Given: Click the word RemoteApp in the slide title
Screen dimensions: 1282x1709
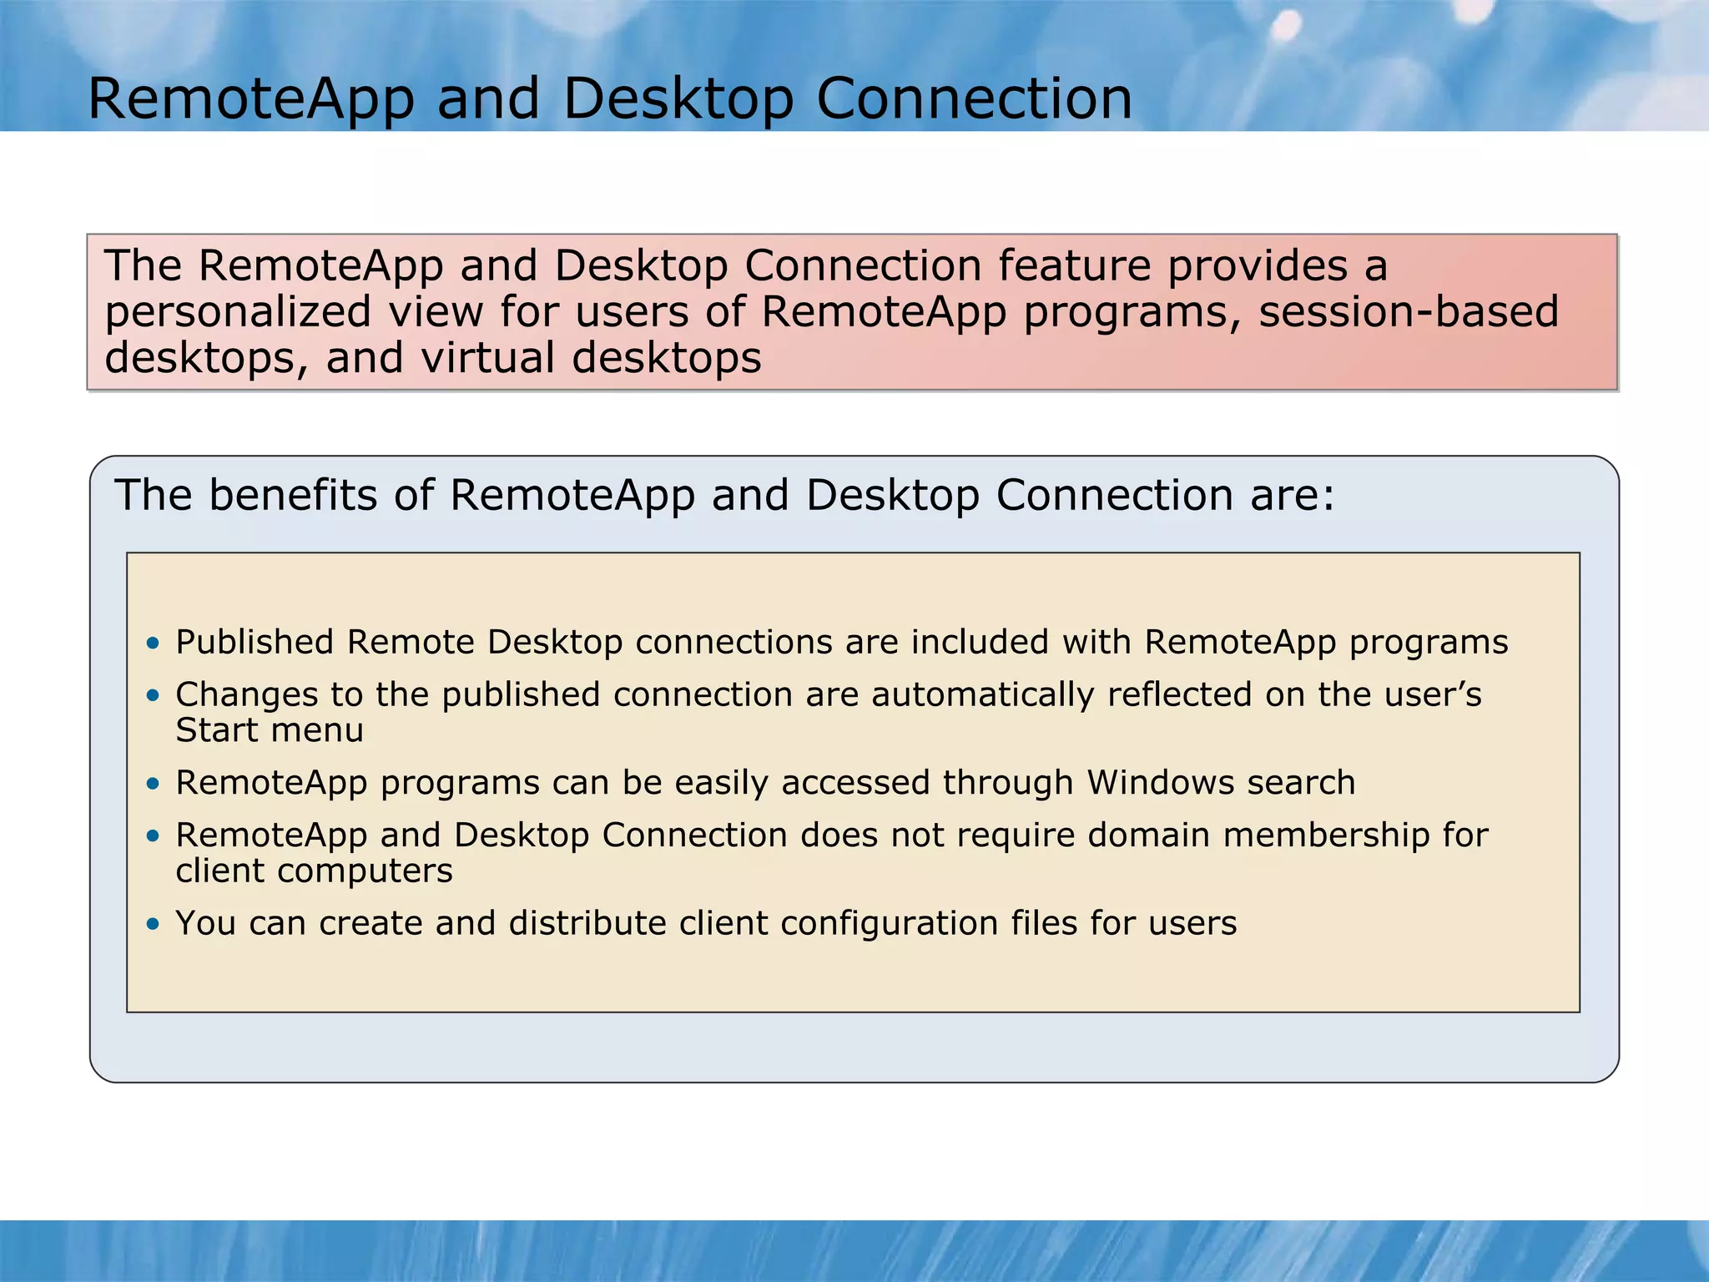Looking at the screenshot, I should [x=250, y=99].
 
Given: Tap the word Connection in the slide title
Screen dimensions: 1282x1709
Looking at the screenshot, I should [x=974, y=99].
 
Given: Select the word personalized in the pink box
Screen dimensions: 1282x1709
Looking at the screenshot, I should [x=237, y=312].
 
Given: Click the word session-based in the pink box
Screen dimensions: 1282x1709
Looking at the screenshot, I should [x=1409, y=311].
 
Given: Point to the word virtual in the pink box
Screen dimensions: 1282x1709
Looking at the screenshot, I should [x=488, y=358].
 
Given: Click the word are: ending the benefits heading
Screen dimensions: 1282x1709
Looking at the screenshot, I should [x=1292, y=495].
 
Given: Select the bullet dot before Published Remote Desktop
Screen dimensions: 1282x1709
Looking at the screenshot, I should [x=152, y=643].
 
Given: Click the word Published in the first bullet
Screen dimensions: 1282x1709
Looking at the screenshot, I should [x=255, y=643].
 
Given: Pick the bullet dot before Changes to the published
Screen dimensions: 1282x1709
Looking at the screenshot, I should [x=152, y=694].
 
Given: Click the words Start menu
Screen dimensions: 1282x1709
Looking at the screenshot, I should [x=270, y=730].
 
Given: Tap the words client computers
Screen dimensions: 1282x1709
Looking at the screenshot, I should [x=314, y=871].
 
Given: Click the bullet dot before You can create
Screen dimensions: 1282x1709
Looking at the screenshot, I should [x=152, y=924].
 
